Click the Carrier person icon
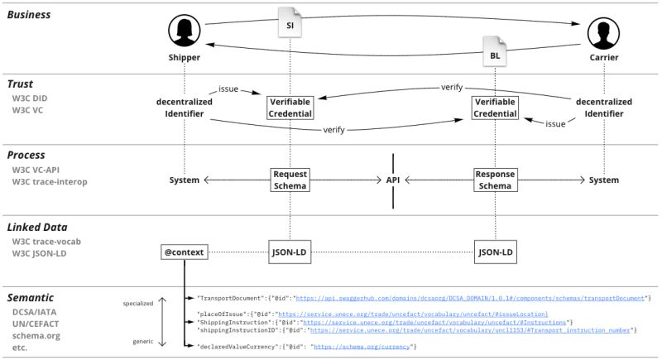tap(603, 33)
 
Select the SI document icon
tap(290, 23)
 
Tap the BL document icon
tap(495, 52)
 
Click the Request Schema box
tap(290, 180)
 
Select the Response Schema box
tap(495, 180)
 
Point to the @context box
tap(185, 251)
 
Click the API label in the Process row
tap(392, 180)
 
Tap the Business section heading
tap(30, 15)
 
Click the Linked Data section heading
tap(39, 227)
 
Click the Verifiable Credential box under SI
tap(290, 107)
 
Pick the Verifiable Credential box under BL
tap(495, 107)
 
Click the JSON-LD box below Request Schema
tap(290, 251)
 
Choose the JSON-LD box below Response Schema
tap(495, 251)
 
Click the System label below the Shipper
tap(185, 180)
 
